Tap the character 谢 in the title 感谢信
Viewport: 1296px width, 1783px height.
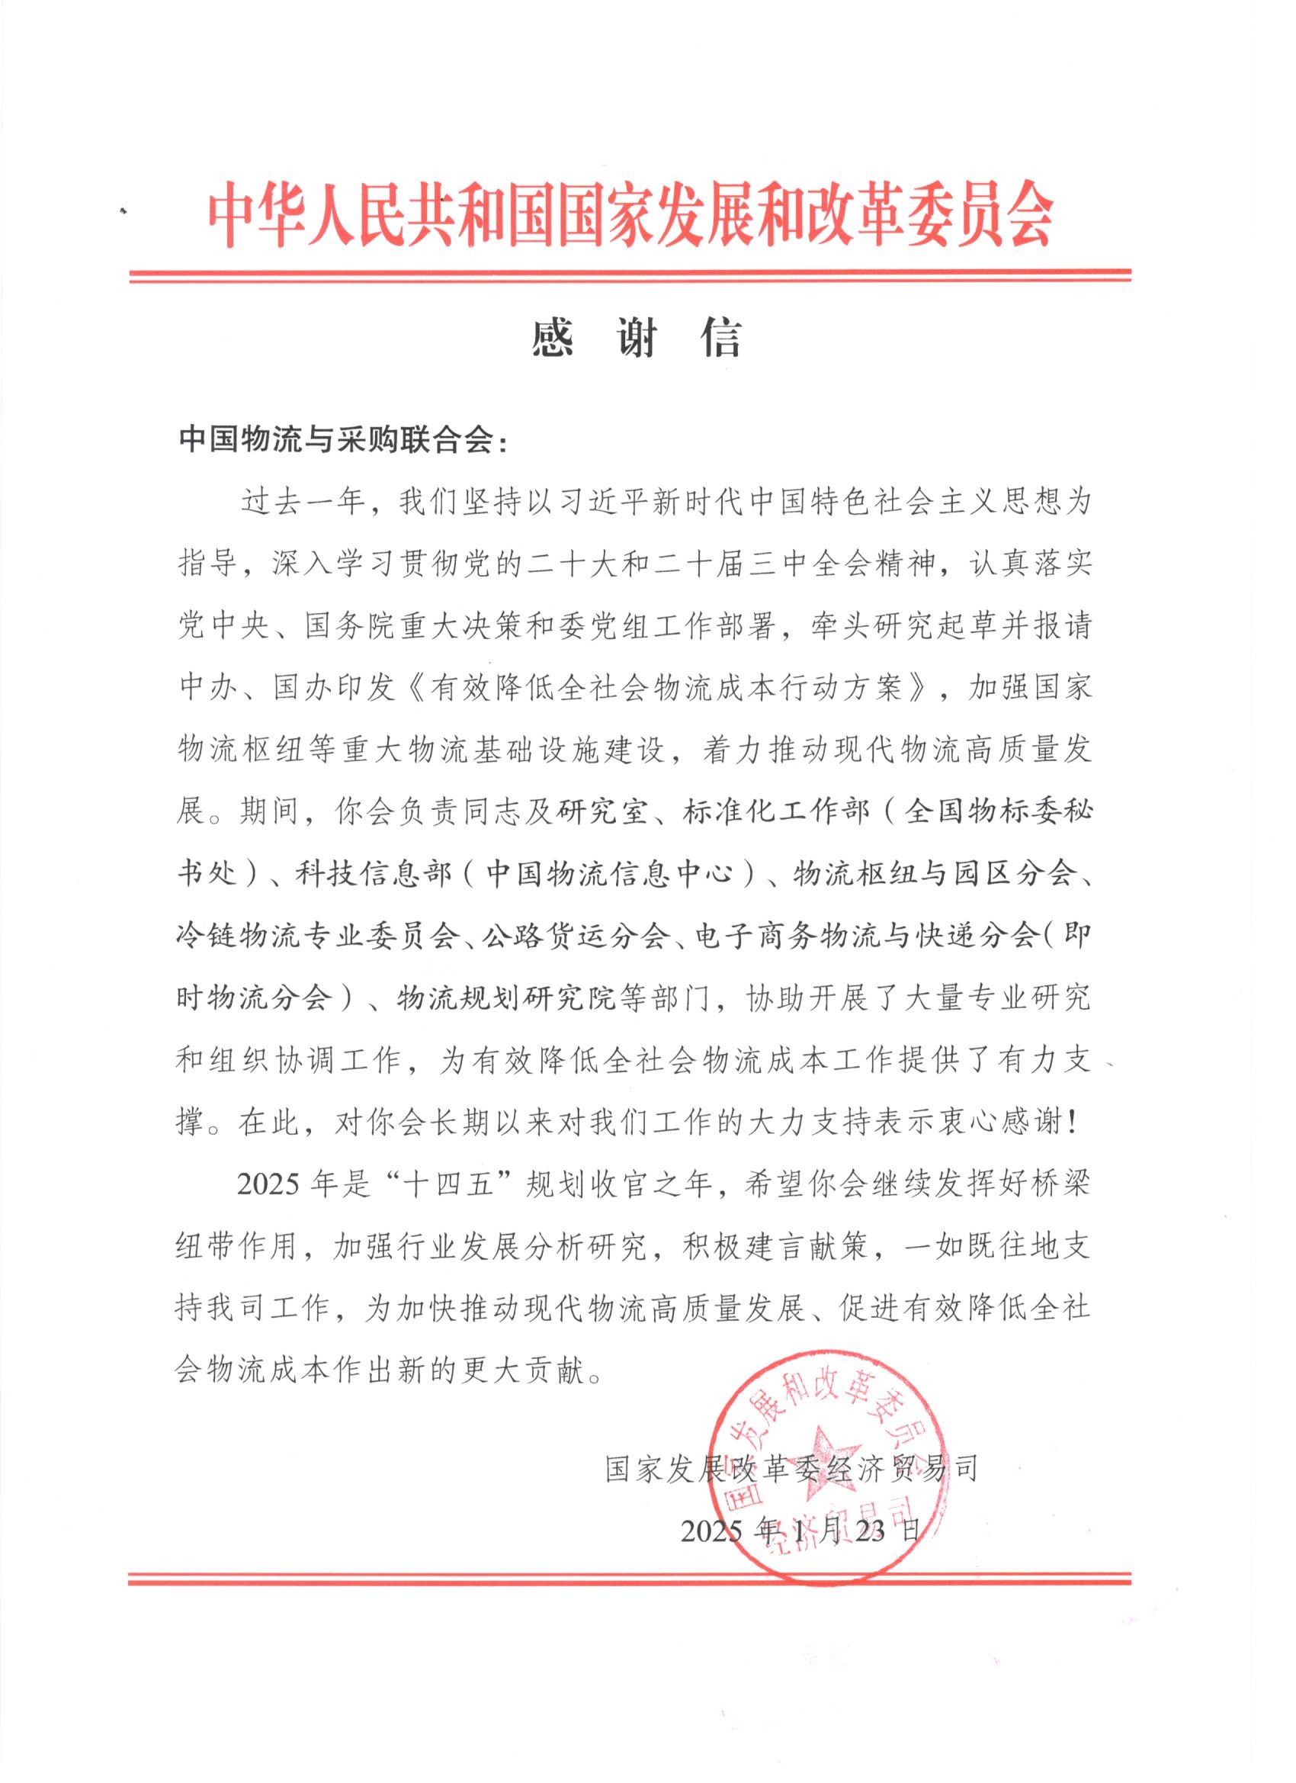(x=636, y=339)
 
